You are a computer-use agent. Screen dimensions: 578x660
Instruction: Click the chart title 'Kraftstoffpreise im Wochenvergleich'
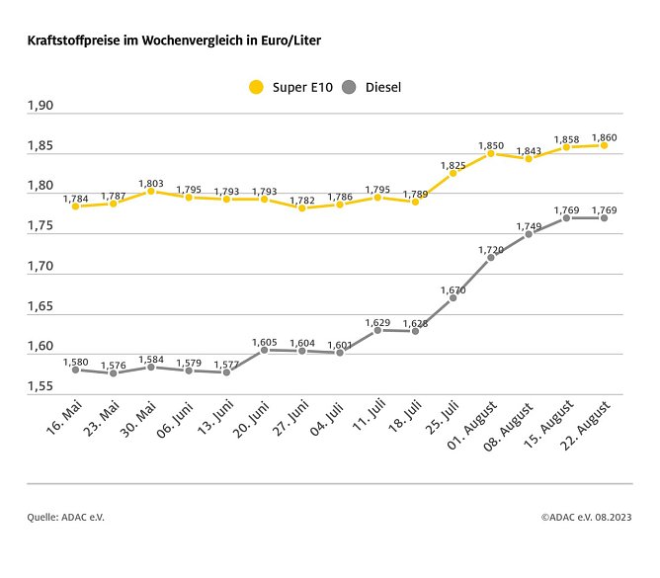[x=173, y=41]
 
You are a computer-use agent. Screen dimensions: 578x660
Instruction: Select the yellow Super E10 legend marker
[x=256, y=87]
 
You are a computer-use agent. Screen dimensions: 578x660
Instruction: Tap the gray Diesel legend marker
[x=348, y=87]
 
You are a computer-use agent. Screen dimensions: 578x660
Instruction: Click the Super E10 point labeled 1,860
[x=604, y=145]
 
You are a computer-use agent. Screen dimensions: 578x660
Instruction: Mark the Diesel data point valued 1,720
[x=490, y=257]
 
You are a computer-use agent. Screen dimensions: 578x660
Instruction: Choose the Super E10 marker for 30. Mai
[x=150, y=191]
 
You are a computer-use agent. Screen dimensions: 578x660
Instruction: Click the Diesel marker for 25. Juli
[x=453, y=297]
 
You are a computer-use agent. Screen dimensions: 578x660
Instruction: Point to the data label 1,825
[x=453, y=164]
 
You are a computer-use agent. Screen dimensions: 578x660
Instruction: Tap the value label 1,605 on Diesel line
[x=264, y=341]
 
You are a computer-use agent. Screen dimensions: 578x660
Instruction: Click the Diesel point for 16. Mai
[x=75, y=370]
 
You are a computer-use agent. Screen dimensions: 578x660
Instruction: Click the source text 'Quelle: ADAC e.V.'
[x=65, y=517]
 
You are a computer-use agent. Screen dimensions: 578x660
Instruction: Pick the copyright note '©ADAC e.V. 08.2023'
[x=587, y=517]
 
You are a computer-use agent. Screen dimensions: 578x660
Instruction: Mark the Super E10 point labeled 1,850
[x=490, y=153]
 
